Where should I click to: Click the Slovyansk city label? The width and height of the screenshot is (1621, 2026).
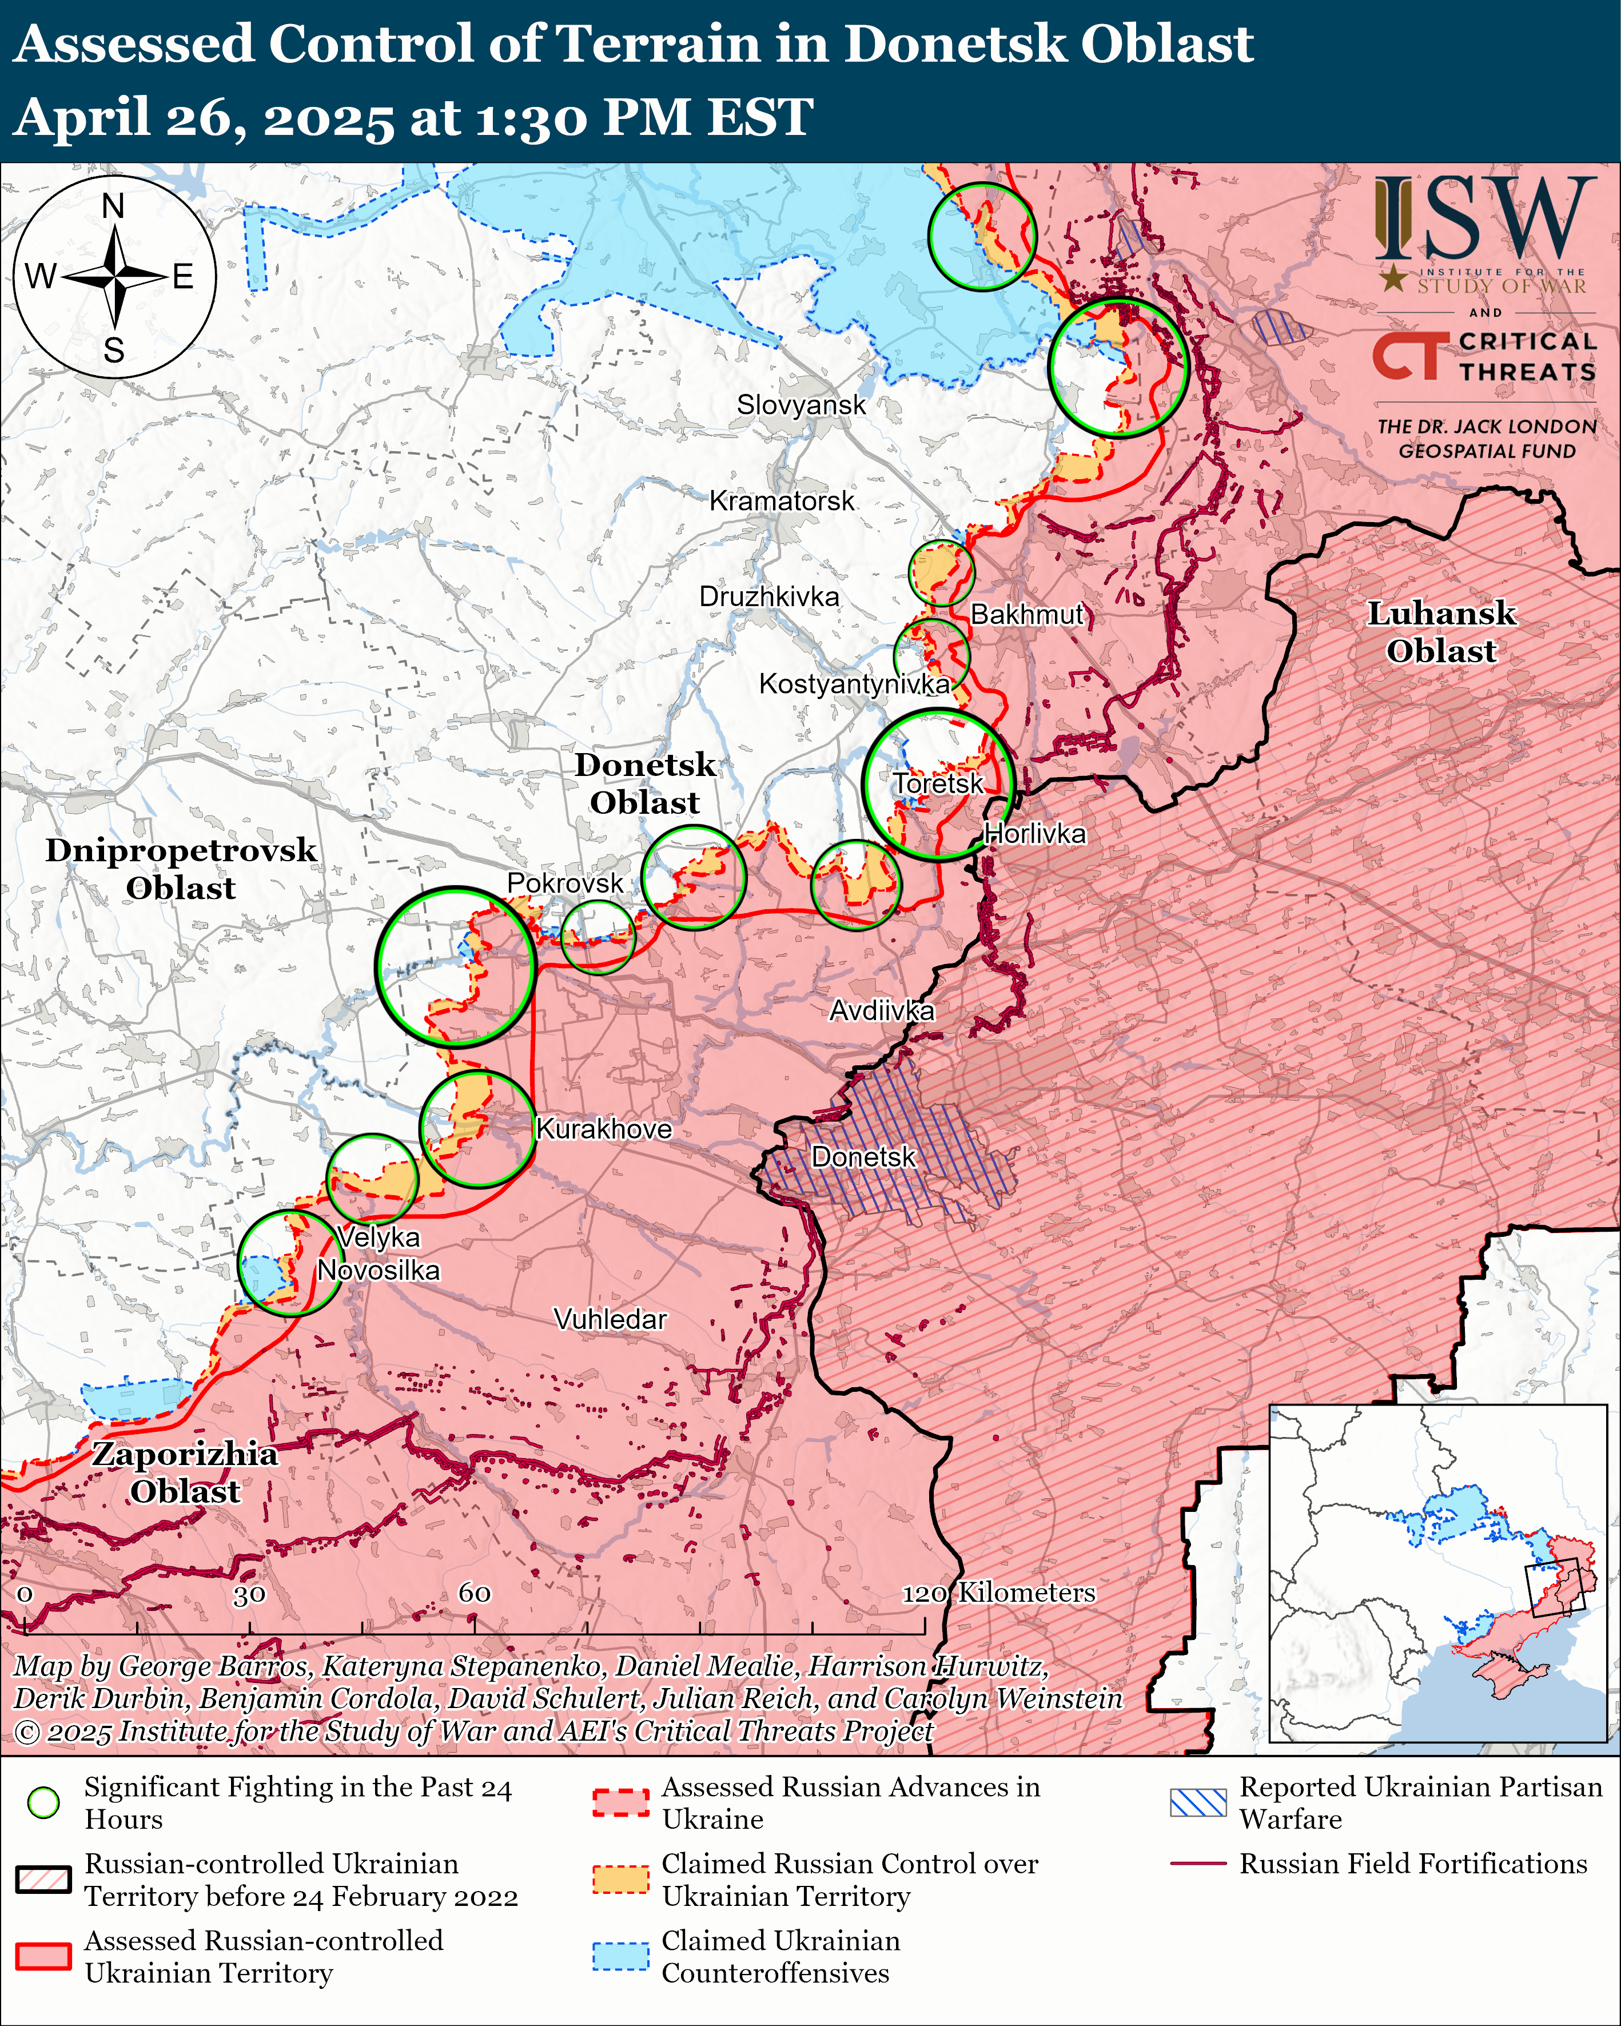tap(800, 405)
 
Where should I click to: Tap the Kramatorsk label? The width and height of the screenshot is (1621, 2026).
tap(782, 501)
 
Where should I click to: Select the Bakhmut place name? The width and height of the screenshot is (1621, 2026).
tap(1027, 615)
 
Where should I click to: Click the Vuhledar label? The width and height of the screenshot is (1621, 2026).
tap(610, 1319)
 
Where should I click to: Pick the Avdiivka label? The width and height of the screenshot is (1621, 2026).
tap(882, 1010)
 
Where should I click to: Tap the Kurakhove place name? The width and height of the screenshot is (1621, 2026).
tap(603, 1129)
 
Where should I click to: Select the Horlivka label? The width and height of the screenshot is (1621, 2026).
tap(1034, 834)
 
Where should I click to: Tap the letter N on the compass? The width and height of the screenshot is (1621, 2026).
tap(114, 206)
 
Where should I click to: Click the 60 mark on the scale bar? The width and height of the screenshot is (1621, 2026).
tap(475, 1593)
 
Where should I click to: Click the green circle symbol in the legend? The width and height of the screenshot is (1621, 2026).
tap(44, 1802)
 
